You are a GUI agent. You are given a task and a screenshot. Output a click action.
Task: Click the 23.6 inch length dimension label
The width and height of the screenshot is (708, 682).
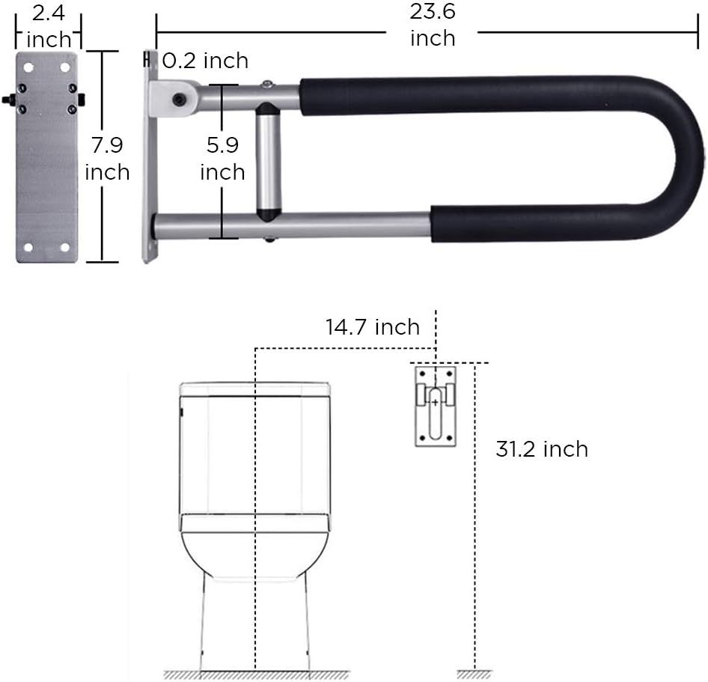(433, 25)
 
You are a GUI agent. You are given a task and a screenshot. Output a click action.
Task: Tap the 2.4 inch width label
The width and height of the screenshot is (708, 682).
(48, 25)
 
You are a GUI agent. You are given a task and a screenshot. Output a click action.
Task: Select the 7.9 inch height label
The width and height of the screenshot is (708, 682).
(107, 158)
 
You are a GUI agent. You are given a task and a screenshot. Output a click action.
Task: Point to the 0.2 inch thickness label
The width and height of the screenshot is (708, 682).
(205, 60)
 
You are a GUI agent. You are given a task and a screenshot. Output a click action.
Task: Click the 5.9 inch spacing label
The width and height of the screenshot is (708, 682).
(222, 158)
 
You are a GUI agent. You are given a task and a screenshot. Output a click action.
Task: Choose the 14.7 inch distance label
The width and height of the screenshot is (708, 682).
(372, 327)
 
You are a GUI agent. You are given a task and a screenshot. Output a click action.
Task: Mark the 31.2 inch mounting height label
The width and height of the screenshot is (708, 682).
(541, 449)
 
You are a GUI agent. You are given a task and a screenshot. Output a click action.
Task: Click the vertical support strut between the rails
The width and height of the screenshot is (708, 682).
(267, 162)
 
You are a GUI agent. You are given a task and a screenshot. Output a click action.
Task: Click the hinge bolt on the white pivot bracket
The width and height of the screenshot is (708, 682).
(179, 99)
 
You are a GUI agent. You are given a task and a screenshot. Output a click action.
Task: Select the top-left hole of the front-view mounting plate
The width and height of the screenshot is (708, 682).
(28, 67)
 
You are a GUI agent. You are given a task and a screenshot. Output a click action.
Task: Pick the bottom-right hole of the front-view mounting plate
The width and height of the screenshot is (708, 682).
(65, 246)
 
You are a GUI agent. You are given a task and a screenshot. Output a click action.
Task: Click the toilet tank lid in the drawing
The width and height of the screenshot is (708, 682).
(255, 389)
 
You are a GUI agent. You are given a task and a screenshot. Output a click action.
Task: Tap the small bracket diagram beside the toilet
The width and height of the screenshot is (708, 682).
(436, 406)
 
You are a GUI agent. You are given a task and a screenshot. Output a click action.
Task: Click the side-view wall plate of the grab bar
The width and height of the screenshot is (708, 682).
(150, 157)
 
